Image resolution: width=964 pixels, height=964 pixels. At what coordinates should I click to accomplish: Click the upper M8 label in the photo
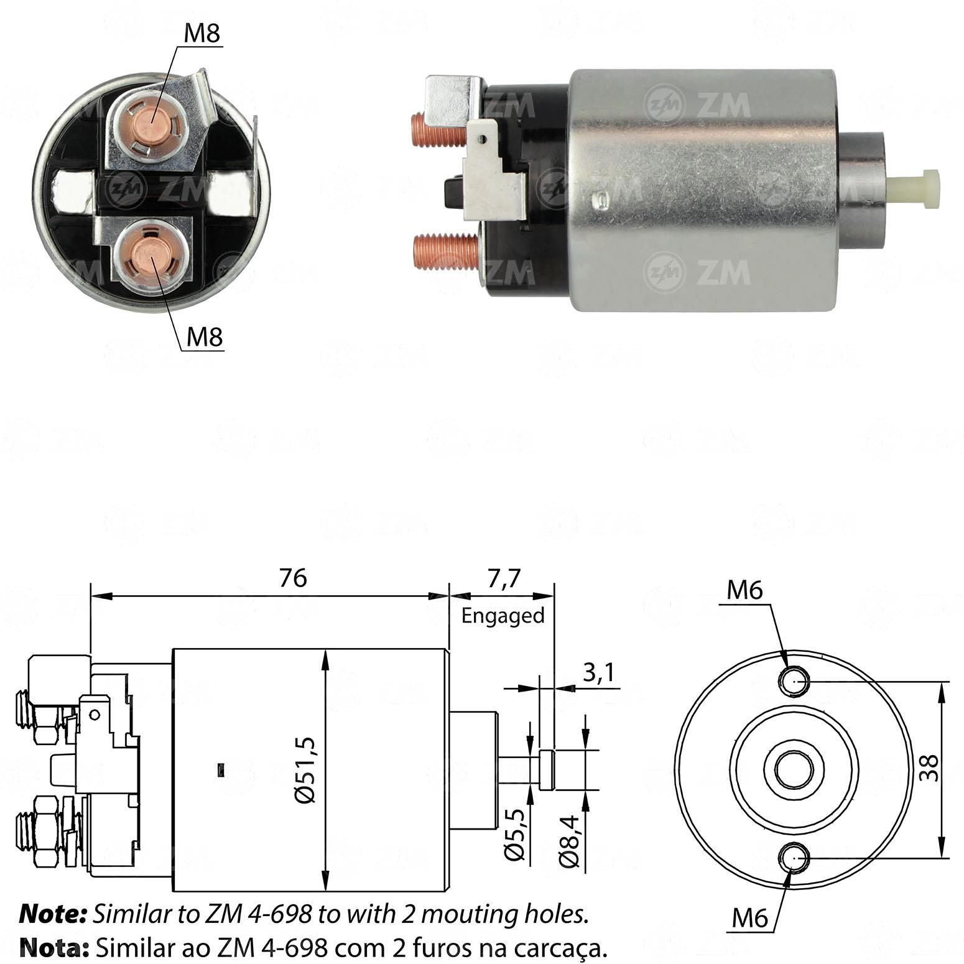click(x=202, y=34)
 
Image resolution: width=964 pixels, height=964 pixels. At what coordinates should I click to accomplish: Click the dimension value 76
click(x=292, y=578)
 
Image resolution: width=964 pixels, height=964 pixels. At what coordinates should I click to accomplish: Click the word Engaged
click(x=503, y=616)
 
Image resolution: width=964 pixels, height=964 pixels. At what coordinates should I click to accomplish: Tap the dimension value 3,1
click(x=598, y=672)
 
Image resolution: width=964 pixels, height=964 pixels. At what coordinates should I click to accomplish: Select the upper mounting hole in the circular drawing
click(x=794, y=681)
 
